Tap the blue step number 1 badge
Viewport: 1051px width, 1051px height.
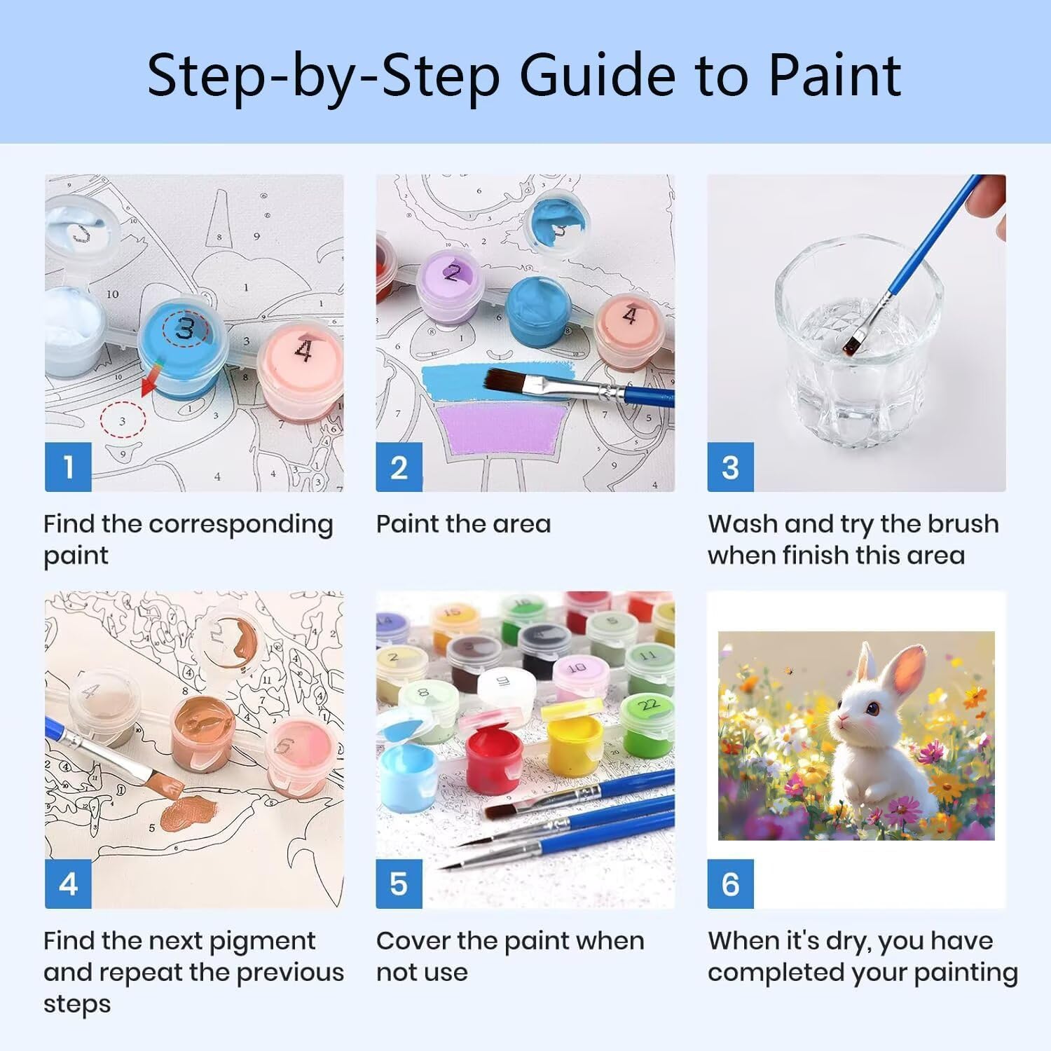coord(68,467)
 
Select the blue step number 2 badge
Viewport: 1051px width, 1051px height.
coord(399,467)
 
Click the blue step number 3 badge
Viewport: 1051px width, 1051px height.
coord(730,467)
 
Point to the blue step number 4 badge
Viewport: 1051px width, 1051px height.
coord(68,884)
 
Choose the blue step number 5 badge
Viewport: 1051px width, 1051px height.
coord(399,884)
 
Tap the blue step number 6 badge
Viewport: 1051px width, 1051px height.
coord(730,884)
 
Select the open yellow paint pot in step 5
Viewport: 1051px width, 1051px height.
coord(574,743)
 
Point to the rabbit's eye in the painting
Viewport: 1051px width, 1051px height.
coord(873,709)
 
